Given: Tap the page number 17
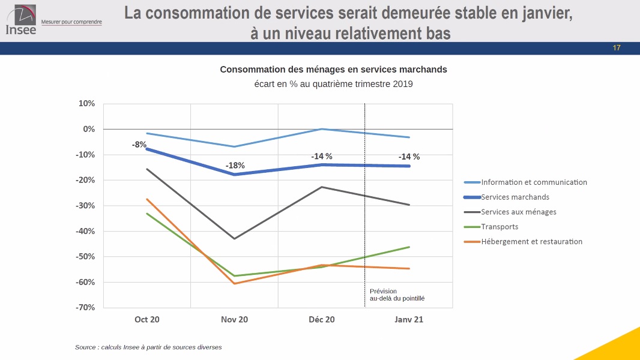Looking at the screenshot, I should tap(617, 48).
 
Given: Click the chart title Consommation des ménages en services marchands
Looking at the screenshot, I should tap(333, 70).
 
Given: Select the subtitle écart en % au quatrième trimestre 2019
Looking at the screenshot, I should tap(333, 85).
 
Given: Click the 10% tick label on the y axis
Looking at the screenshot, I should tap(87, 104).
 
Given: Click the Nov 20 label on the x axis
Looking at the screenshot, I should tap(234, 320).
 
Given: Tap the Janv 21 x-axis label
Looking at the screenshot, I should tap(409, 320).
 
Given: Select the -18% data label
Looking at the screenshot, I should tap(235, 166).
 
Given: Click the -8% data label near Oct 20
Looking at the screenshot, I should tap(139, 144).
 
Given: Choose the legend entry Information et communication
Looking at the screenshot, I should tap(534, 182).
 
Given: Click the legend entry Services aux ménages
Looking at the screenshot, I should tap(518, 212).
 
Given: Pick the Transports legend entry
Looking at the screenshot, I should tap(500, 227).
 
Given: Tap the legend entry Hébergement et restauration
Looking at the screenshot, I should tap(531, 242).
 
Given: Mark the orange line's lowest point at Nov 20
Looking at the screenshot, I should tap(234, 283).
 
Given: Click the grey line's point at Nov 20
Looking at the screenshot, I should tap(234, 239).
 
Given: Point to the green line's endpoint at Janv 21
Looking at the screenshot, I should tap(409, 247).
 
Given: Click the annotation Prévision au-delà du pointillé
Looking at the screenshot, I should tap(393, 295).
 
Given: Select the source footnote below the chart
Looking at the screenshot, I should tap(148, 347).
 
